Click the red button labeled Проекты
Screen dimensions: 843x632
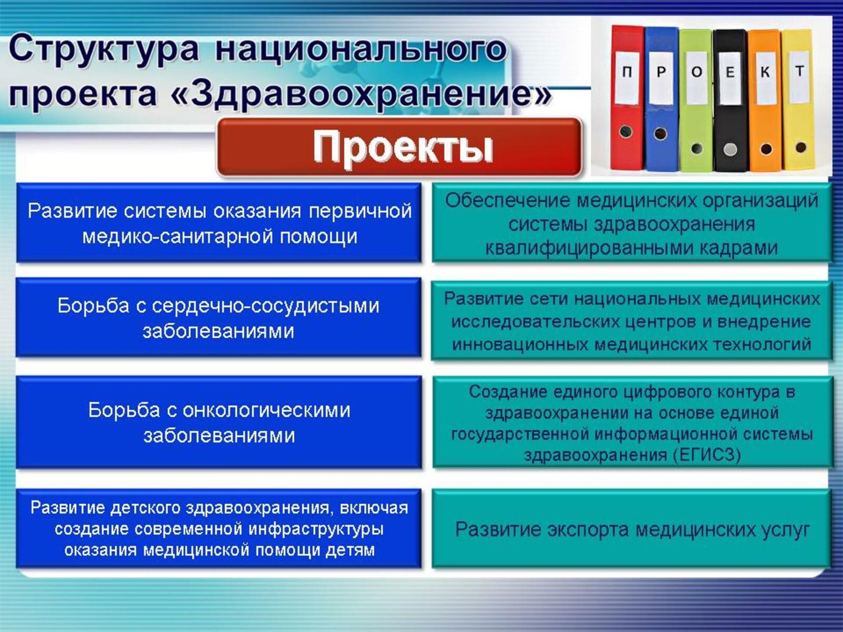pyautogui.click(x=399, y=147)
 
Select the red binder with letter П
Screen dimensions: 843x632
pyautogui.click(x=627, y=98)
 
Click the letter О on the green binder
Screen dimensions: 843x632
pyautogui.click(x=697, y=72)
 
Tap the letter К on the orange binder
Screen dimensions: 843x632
pyautogui.click(x=765, y=72)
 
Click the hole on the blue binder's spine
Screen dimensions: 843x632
pyautogui.click(x=660, y=133)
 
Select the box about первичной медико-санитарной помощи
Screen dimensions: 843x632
pyautogui.click(x=219, y=222)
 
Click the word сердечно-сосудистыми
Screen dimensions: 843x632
pyautogui.click(x=265, y=306)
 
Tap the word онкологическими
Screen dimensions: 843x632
pyautogui.click(x=266, y=410)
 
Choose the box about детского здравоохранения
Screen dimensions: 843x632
pyautogui.click(x=219, y=528)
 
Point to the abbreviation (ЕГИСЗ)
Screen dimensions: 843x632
pyautogui.click(x=706, y=455)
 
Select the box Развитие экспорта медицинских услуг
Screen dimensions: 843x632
pyautogui.click(x=632, y=528)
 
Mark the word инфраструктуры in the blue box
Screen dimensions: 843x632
pyautogui.click(x=317, y=529)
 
